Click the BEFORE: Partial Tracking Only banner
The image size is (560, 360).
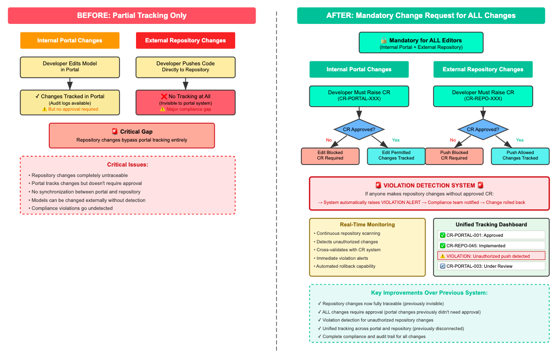(132, 15)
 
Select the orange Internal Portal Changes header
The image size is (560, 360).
(70, 40)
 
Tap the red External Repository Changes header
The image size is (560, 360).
(185, 40)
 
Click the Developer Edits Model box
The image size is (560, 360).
(70, 67)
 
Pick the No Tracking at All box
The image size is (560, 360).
(185, 102)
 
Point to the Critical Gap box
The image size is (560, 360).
(132, 136)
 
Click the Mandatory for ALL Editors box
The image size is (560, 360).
(421, 43)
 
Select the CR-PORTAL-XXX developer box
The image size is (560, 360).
(359, 96)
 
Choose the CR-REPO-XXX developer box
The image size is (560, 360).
(483, 96)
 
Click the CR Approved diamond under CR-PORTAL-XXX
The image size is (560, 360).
(359, 129)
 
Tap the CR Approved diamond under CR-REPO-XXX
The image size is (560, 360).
(483, 129)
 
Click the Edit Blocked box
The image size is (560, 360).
(330, 156)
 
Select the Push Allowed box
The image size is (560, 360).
(521, 156)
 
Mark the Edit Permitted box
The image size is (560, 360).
(396, 156)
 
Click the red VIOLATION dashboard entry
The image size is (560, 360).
(491, 256)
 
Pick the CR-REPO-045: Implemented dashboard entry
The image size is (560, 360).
(491, 245)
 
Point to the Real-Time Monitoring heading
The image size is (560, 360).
(367, 224)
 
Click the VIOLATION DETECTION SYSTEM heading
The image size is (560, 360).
(429, 185)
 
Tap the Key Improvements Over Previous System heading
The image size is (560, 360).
(429, 293)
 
